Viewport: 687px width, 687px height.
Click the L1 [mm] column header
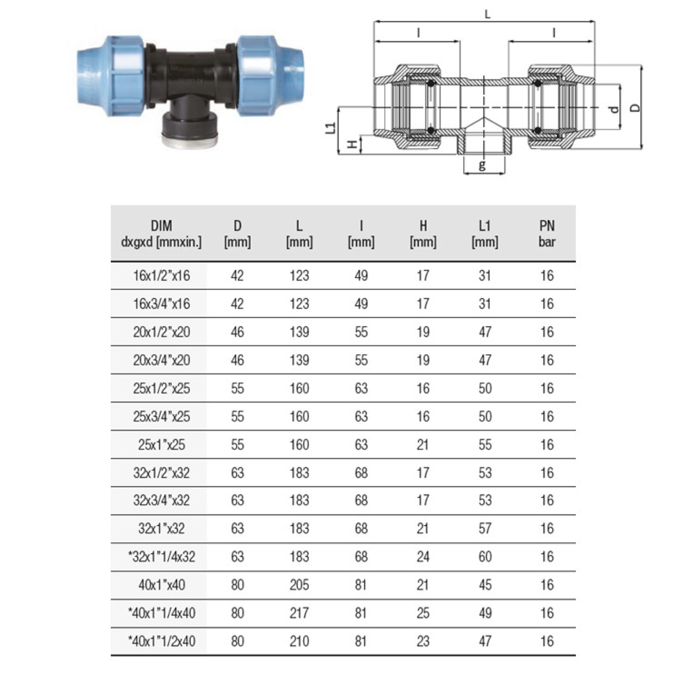tap(485, 233)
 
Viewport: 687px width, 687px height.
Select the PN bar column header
tap(547, 233)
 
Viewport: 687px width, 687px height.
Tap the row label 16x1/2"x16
tap(162, 276)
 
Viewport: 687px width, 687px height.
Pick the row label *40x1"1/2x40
tap(162, 641)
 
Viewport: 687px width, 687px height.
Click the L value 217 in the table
tap(299, 613)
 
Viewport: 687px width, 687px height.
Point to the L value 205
tap(299, 585)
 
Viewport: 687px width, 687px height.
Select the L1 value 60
tap(485, 557)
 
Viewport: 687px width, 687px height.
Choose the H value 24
tap(423, 557)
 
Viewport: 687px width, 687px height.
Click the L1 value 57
tap(485, 529)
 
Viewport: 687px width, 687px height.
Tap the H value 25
tap(423, 613)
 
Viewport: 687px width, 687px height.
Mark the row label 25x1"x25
tap(162, 445)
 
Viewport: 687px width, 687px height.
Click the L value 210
tap(299, 641)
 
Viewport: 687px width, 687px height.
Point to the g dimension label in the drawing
tap(482, 164)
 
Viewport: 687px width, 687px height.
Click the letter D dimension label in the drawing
tap(635, 107)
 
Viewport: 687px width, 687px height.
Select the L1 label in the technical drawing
tap(331, 127)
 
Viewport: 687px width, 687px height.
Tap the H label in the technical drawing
tap(353, 145)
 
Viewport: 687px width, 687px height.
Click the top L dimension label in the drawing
tap(488, 14)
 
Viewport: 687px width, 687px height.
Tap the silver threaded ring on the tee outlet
tap(189, 140)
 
